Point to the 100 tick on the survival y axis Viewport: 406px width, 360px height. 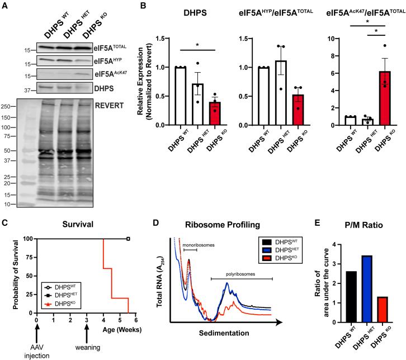click(x=29, y=223)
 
